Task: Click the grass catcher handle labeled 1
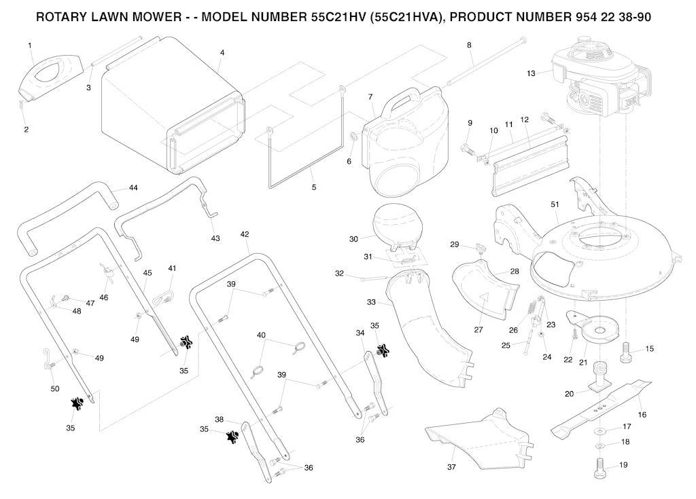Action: coord(46,77)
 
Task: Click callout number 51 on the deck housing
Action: coord(554,204)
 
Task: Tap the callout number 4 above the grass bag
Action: coord(222,52)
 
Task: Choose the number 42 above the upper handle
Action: coord(245,234)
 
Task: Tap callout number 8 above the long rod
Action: coord(469,45)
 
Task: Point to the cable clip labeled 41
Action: coord(163,293)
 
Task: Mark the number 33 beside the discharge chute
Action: coord(371,301)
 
